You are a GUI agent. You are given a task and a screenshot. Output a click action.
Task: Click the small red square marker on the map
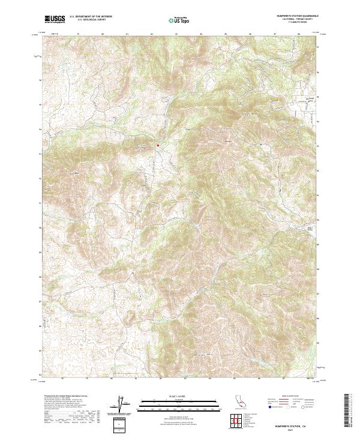point(158,145)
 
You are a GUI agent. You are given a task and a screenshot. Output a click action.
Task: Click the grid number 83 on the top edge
point(176,34)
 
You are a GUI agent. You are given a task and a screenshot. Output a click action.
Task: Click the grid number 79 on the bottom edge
point(87,379)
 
